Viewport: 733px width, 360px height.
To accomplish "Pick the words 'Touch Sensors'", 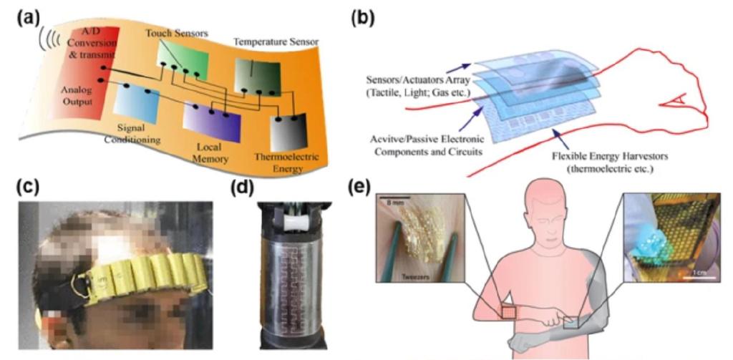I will (176, 34).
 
